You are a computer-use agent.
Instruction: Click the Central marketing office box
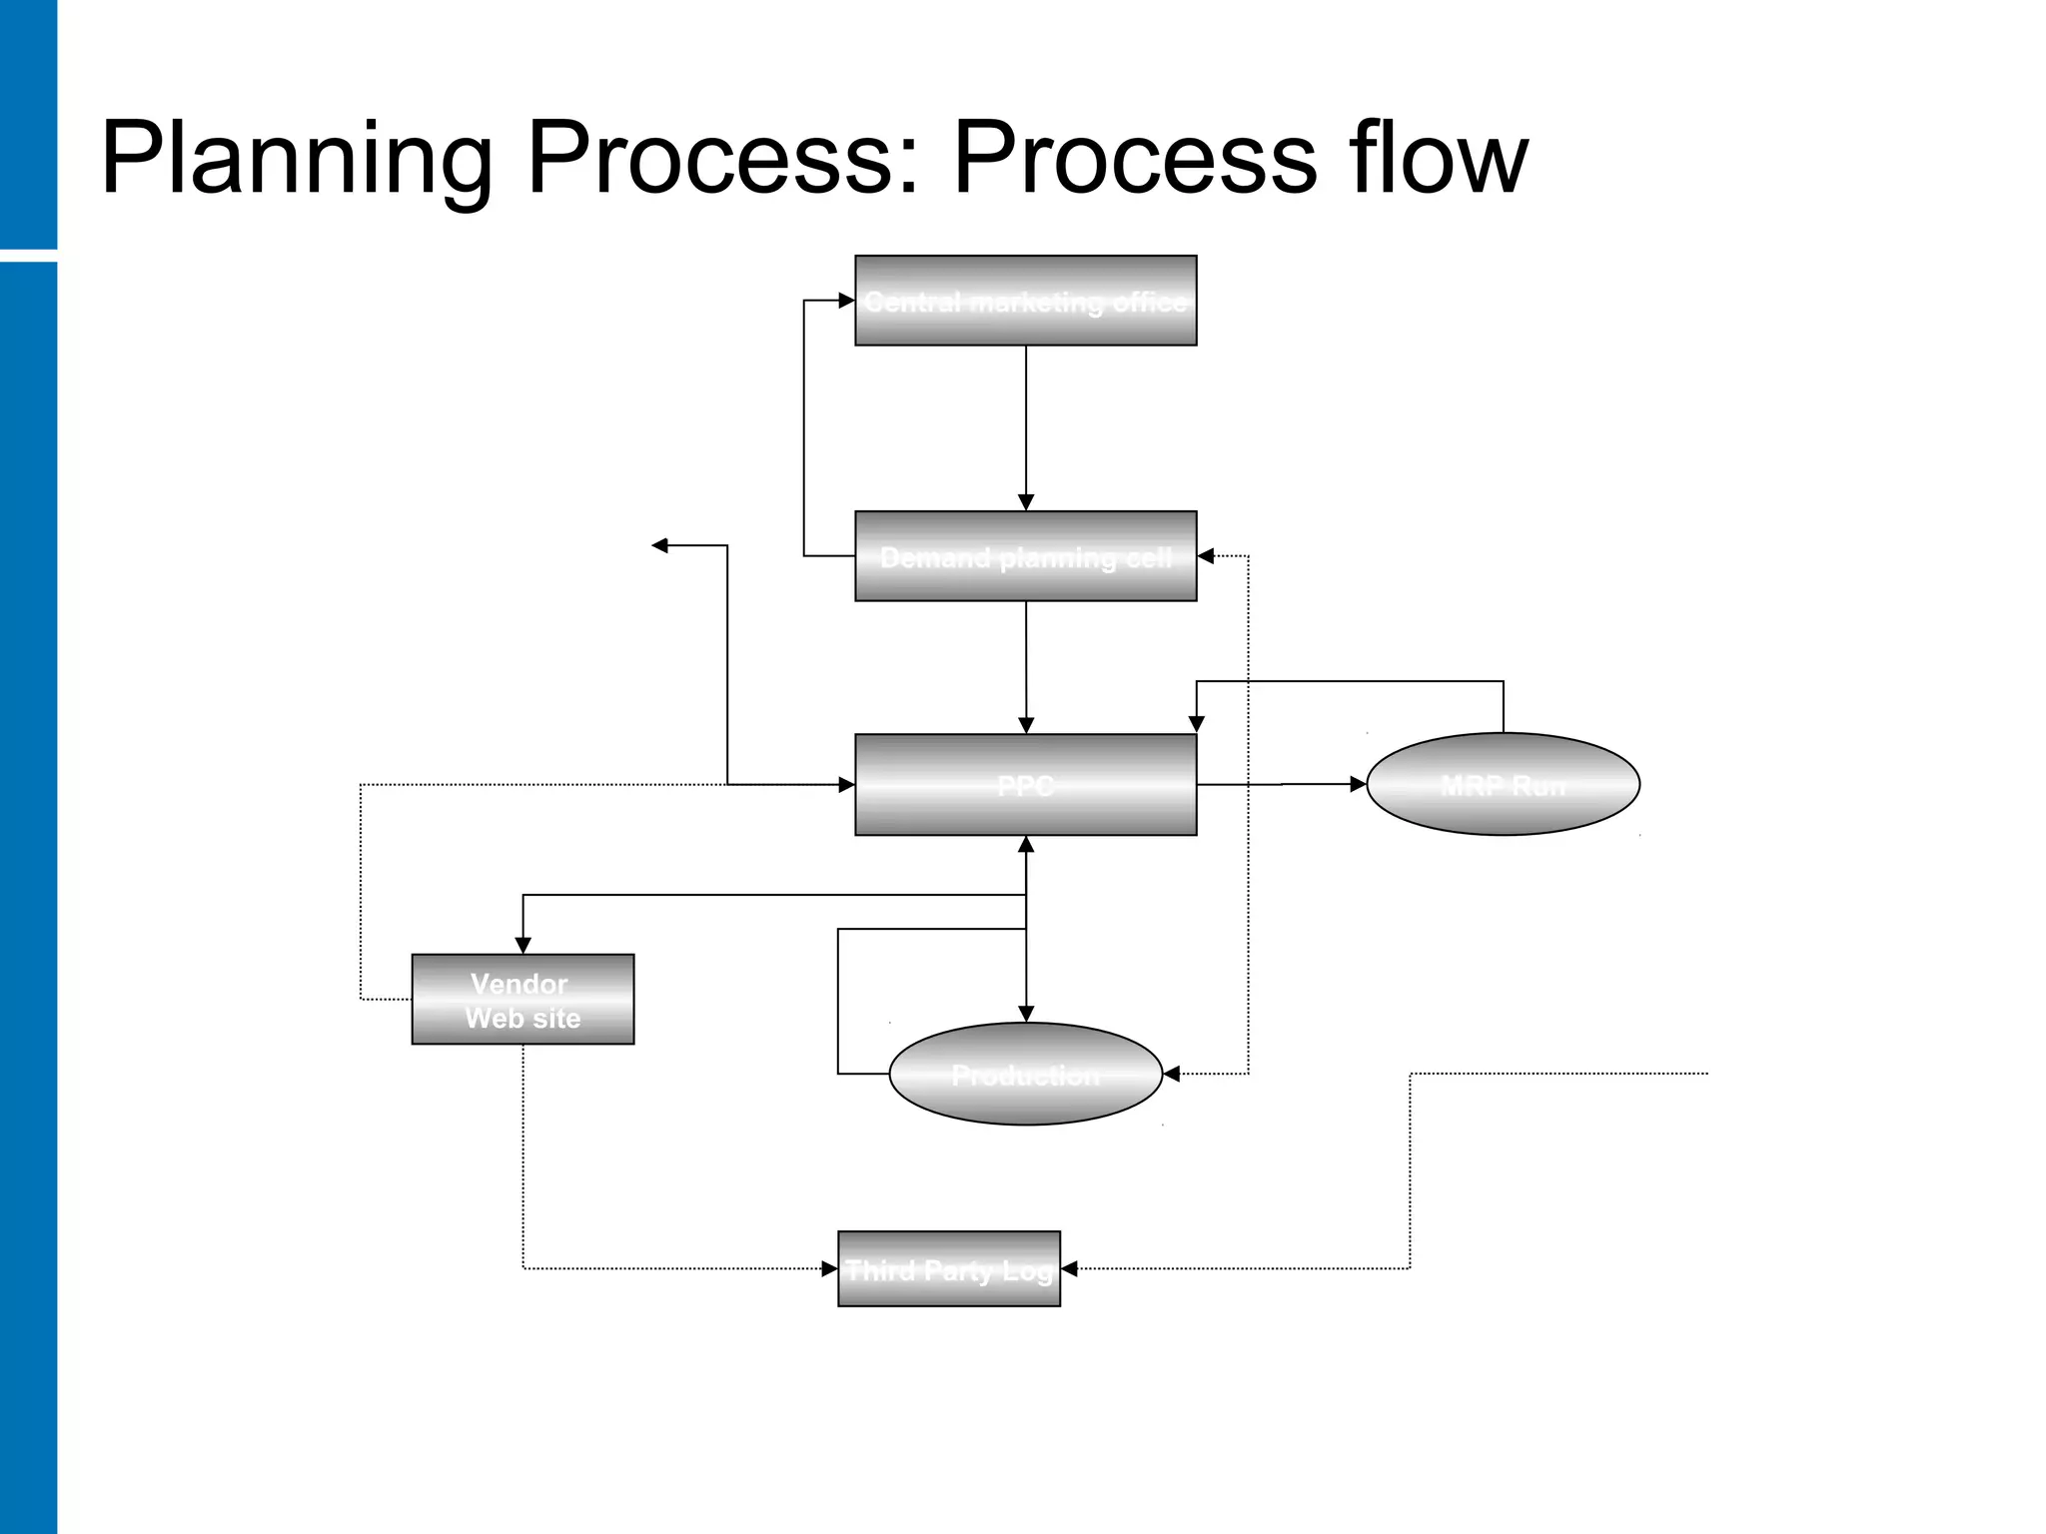pos(1025,301)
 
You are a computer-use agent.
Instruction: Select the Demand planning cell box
pos(1025,556)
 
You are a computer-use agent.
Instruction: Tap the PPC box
pos(1025,785)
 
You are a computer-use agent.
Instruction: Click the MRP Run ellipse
pos(1503,784)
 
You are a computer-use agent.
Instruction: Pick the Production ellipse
pos(1025,1074)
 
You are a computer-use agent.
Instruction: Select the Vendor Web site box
pos(522,1000)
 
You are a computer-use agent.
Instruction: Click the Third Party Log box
pos(948,1268)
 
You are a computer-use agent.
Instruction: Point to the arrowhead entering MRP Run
pos(1358,785)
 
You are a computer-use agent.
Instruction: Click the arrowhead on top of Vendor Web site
pos(522,945)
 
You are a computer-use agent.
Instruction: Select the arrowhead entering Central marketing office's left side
pos(846,300)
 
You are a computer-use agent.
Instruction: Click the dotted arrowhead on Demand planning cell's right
pos(1206,556)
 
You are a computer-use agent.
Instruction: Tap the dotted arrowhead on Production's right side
pos(1172,1074)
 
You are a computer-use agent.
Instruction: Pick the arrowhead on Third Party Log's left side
pos(829,1268)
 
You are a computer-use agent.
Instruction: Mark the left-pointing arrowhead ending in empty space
pos(659,545)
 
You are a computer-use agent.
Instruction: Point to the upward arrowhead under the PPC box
pos(1026,845)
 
